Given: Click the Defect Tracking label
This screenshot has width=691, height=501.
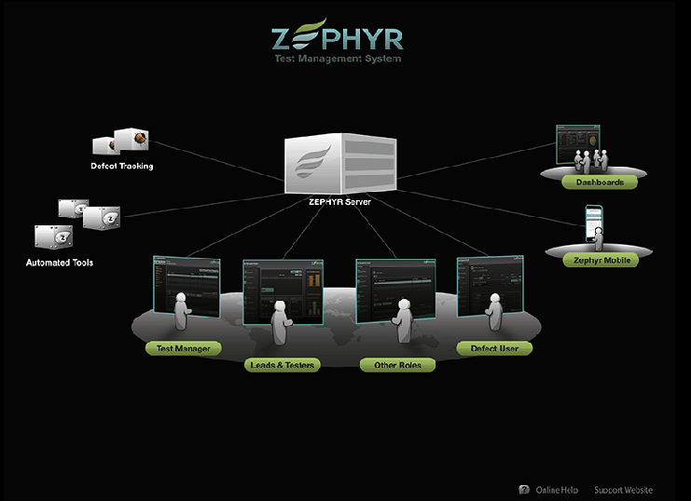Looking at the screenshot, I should point(122,167).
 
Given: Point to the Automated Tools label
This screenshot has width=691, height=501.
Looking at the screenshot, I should point(59,263).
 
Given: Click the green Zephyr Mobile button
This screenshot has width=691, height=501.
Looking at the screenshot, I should point(601,261).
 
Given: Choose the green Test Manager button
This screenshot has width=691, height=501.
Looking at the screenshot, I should point(184,349).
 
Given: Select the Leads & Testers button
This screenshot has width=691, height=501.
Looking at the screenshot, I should point(283,365).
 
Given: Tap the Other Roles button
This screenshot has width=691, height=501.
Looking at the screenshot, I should point(397,365).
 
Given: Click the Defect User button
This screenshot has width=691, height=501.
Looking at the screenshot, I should point(493,348).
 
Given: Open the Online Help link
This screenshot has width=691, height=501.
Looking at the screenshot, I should point(557,490).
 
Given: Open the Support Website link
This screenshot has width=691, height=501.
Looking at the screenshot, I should point(623,490).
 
